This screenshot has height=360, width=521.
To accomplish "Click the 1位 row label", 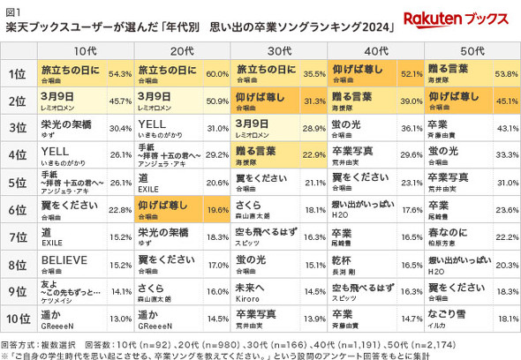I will pos(16,73).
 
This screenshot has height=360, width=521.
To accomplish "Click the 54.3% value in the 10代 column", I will pos(119,74).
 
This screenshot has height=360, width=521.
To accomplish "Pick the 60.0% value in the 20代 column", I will pos(216,74).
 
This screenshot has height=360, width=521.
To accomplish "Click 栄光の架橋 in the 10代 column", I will pos(65,124).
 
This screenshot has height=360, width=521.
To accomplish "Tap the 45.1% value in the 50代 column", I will pos(504,101).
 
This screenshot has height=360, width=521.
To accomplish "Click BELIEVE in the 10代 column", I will pos(62,259).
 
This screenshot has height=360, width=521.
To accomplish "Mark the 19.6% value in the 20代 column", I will pos(215,210).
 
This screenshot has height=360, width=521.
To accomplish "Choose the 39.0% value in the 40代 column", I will pos(409,101).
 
